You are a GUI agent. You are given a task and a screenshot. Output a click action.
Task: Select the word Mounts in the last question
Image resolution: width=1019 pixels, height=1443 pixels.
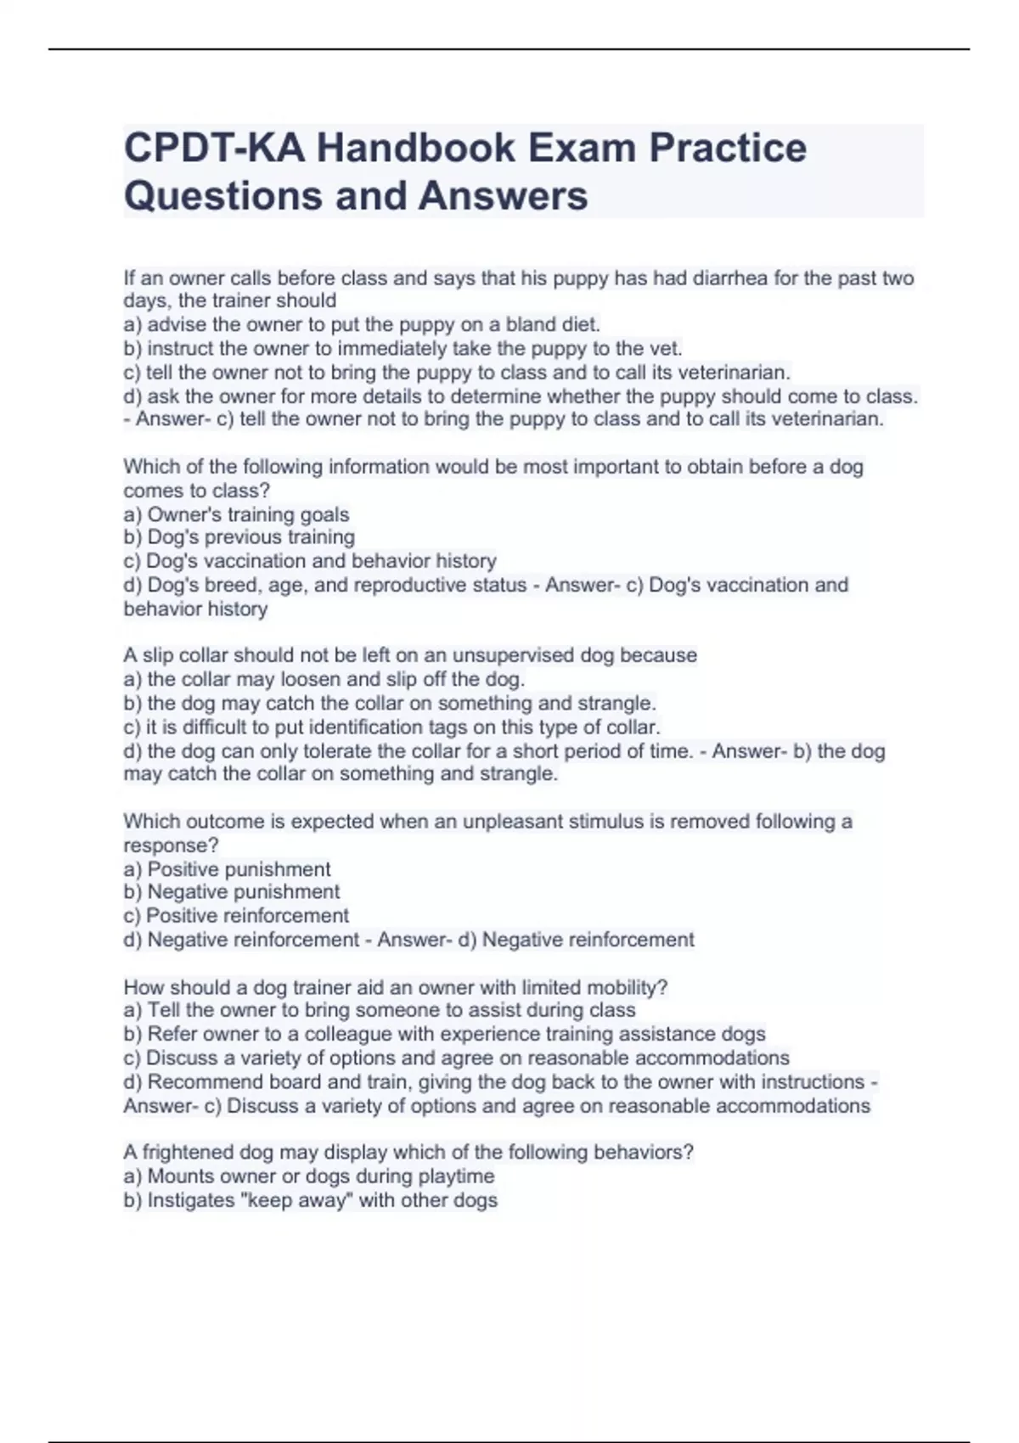pyautogui.click(x=180, y=1176)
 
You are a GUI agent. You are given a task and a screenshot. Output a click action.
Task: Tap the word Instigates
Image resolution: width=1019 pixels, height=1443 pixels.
pyautogui.click(x=194, y=1200)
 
